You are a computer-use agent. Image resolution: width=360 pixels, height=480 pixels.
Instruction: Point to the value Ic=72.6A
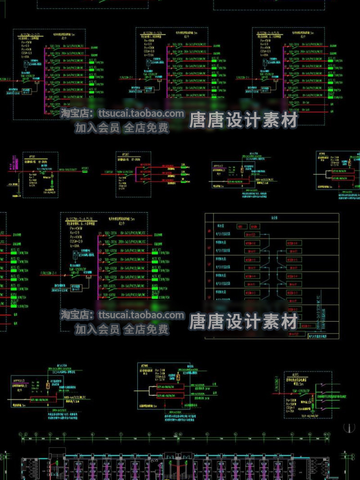[148, 55]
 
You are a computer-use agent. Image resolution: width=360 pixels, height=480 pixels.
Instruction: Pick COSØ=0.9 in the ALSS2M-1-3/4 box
[149, 51]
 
